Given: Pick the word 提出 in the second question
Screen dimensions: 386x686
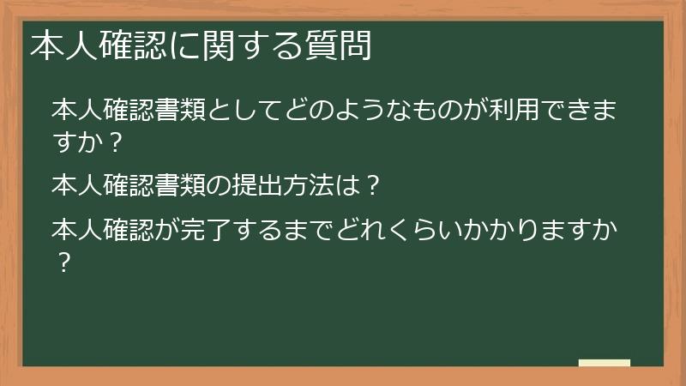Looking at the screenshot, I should point(280,184).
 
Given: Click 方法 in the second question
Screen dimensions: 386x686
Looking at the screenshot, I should point(330,184).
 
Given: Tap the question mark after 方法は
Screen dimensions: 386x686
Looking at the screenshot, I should point(372,184).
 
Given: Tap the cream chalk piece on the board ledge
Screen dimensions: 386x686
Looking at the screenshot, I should point(605,363).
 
